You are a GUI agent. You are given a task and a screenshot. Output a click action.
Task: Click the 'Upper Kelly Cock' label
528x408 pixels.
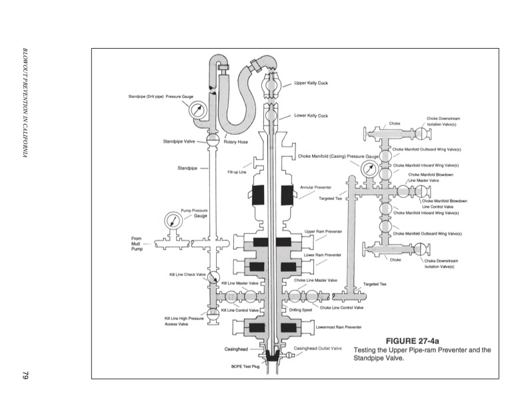pos(311,83)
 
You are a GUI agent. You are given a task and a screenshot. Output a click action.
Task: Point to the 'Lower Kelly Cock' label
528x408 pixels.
pos(311,115)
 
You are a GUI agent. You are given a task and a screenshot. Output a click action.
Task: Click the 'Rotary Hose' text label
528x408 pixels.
pos(236,141)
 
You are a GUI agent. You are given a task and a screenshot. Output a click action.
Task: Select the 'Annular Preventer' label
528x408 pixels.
pos(317,187)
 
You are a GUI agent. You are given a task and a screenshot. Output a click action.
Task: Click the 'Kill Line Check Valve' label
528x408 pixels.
pos(187,274)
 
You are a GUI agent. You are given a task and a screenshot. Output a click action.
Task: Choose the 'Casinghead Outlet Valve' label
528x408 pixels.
pos(317,348)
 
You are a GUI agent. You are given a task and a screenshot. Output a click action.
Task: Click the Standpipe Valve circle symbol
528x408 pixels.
pos(213,141)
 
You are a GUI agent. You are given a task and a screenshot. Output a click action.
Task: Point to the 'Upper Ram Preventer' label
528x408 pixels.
pos(323,231)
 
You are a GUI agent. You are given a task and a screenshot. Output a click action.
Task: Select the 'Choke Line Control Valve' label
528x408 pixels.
pos(341,307)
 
